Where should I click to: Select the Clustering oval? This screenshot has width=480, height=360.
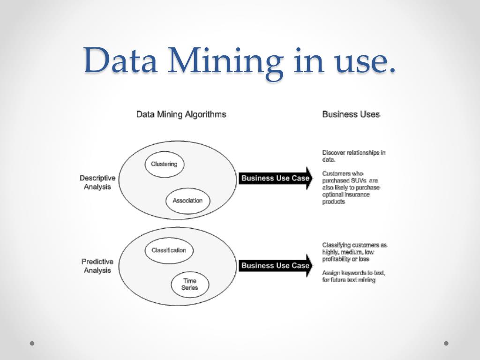point(164,164)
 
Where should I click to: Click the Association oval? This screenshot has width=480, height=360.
point(187,201)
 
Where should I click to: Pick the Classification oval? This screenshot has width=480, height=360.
point(169,250)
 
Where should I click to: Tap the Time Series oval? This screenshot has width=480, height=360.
point(189,284)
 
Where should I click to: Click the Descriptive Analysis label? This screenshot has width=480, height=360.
point(97,182)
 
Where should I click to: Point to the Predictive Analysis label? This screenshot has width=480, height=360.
point(97,266)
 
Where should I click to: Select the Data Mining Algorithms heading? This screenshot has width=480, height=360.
point(181,114)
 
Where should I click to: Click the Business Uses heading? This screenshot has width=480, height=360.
point(351,114)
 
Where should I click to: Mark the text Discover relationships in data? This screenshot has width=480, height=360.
point(353,156)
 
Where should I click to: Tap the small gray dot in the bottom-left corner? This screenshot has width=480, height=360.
point(32,343)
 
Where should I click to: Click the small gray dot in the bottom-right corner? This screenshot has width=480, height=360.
point(446,343)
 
